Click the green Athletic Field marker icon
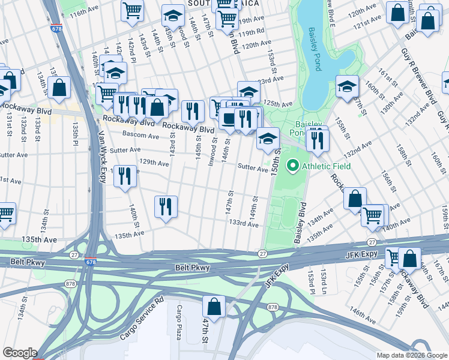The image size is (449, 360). click(x=293, y=164)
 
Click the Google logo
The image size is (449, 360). click(x=20, y=352)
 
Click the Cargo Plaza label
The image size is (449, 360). click(x=179, y=320)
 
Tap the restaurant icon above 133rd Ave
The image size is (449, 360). click(x=166, y=206)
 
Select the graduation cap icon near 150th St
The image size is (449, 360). click(x=268, y=139)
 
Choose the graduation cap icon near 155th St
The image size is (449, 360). click(x=347, y=87)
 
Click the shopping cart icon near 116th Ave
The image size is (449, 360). click(x=132, y=10)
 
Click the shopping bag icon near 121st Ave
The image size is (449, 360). click(x=397, y=12)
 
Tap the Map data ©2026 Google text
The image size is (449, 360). click(x=411, y=355)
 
